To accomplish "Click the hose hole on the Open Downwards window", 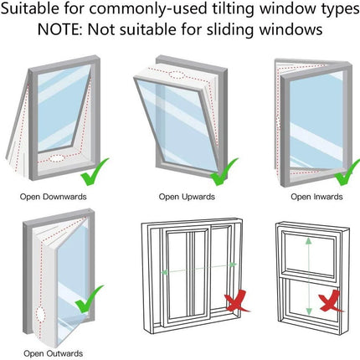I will pos(56,157).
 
